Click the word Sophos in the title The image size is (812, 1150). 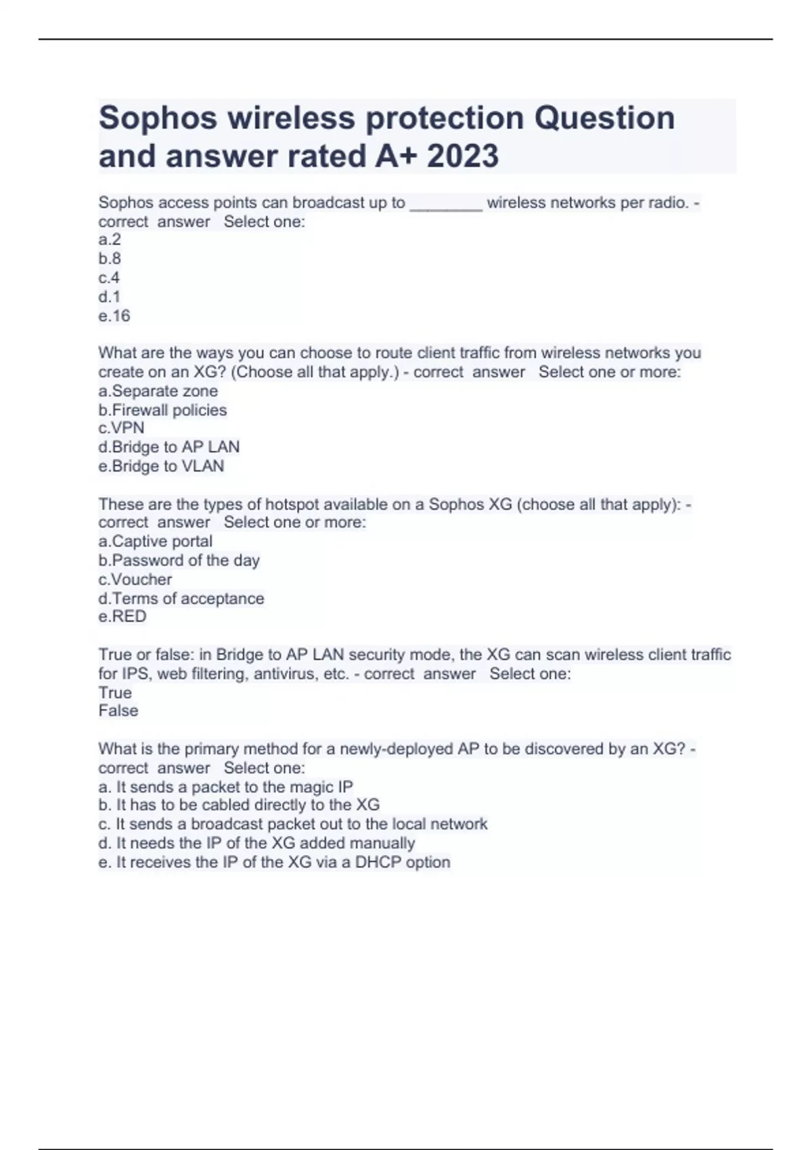coord(158,118)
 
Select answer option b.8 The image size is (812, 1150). coord(110,258)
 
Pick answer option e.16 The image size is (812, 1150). coord(114,316)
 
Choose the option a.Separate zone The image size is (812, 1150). coord(158,391)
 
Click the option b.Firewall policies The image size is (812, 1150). coord(162,410)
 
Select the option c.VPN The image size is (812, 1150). coord(121,428)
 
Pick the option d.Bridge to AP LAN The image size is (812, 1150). coord(169,447)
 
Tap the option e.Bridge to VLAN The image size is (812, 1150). coord(161,466)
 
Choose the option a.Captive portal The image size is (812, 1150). coord(156,541)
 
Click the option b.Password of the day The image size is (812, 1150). coord(179,560)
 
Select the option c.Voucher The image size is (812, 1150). coord(135,580)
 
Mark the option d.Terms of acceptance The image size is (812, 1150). coord(181,599)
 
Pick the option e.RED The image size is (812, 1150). coord(122,616)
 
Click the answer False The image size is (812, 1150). coord(118,711)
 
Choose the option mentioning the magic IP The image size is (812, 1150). coord(226,787)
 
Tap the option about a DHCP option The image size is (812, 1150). coord(274,862)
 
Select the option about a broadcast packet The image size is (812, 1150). coord(293,825)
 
